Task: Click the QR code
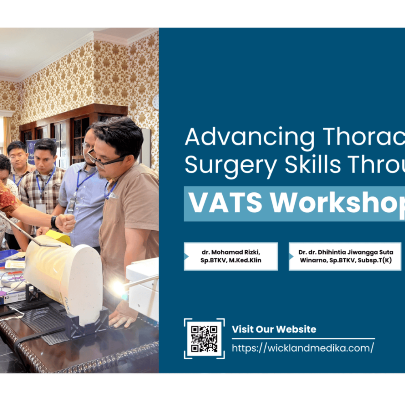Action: (x=204, y=338)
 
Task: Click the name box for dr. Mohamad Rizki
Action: (x=231, y=256)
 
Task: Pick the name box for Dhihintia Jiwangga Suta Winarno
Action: (x=345, y=256)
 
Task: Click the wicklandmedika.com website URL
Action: (x=303, y=348)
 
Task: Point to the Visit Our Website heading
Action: (x=274, y=329)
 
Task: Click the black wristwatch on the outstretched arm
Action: (x=54, y=222)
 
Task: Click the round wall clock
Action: (x=156, y=102)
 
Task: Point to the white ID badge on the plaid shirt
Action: (x=41, y=208)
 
